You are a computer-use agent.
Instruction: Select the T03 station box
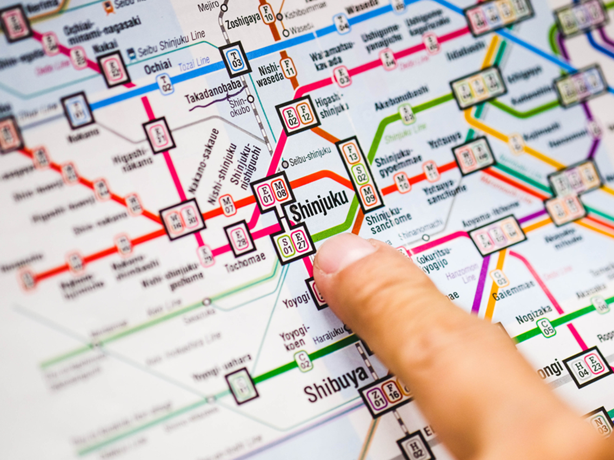(x=235, y=59)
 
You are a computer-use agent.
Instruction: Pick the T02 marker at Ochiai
(x=165, y=84)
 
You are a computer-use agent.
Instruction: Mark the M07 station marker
(x=228, y=206)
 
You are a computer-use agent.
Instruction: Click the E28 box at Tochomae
(x=239, y=238)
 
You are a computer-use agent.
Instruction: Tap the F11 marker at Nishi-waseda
(x=289, y=68)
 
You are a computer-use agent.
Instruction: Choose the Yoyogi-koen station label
(x=295, y=336)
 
